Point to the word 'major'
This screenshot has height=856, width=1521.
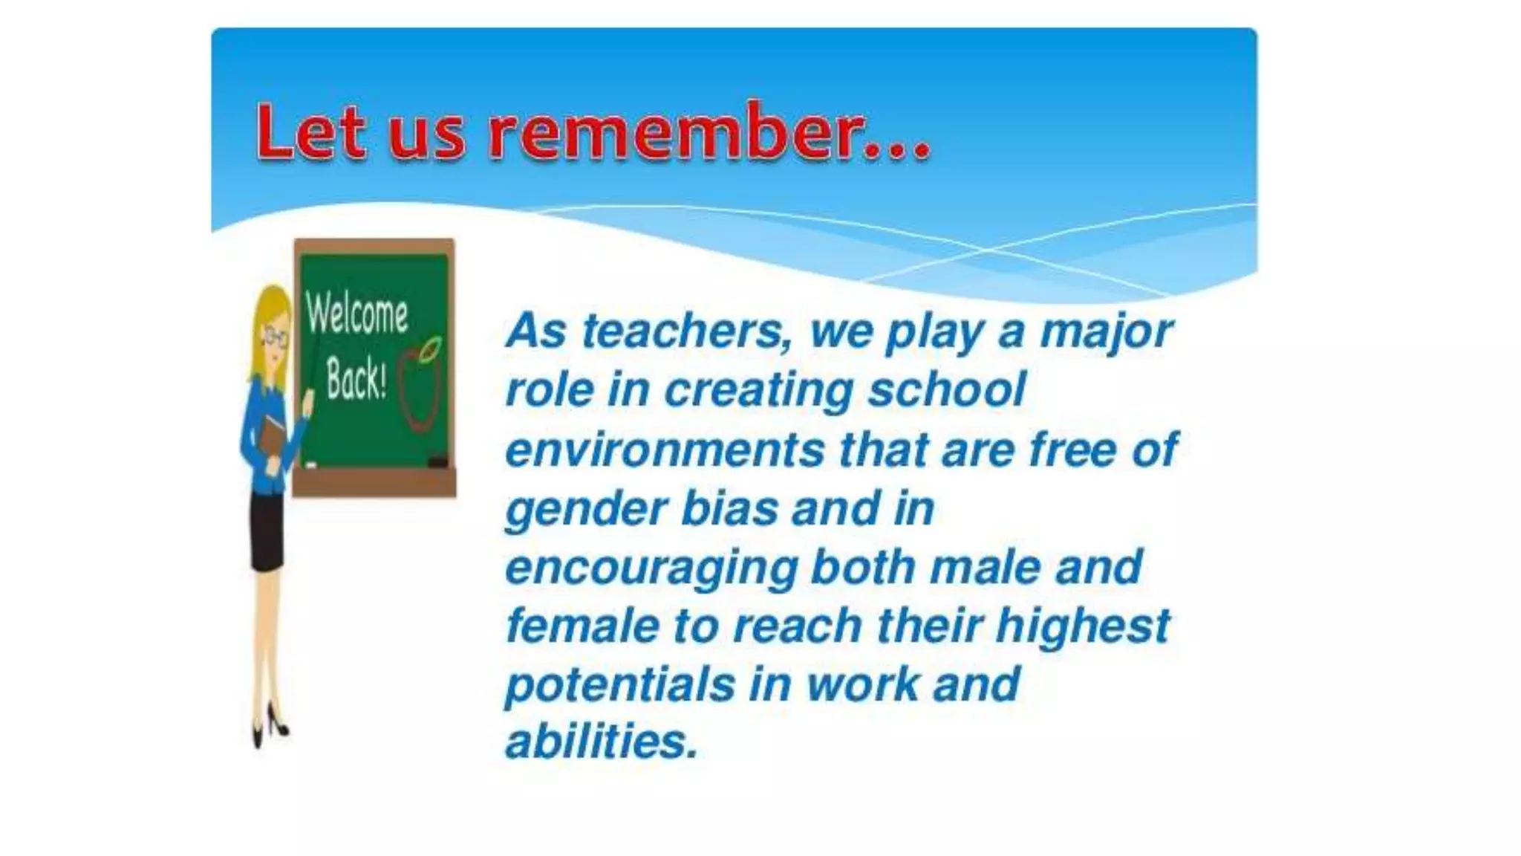click(1106, 332)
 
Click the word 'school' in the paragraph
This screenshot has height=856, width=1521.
click(946, 389)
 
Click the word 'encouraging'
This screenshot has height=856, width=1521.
click(651, 568)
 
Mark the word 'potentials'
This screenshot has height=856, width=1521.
click(619, 684)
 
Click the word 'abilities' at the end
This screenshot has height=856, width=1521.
click(602, 742)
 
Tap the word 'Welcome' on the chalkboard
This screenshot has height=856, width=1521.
click(356, 315)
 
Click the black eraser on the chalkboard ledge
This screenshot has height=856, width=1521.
click(438, 462)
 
